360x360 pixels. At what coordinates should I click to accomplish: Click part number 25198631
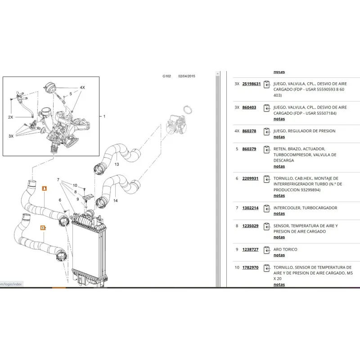(x=251, y=84)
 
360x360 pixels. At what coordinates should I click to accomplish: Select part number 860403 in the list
(x=249, y=108)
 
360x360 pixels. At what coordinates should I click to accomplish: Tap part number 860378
(x=249, y=131)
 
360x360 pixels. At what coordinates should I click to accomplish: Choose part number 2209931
(x=250, y=178)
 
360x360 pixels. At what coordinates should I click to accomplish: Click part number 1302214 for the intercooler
(x=250, y=208)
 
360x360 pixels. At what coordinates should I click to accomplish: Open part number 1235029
(x=250, y=226)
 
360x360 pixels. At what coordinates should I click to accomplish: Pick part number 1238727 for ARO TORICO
(x=250, y=249)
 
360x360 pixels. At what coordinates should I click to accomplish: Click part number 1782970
(x=250, y=267)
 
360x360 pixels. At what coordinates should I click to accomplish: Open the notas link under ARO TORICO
(x=279, y=255)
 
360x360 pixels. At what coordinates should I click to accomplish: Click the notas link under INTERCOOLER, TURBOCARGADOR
(x=279, y=214)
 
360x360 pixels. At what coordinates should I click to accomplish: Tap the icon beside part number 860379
(x=267, y=149)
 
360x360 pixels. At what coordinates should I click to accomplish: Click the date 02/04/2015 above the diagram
(x=187, y=76)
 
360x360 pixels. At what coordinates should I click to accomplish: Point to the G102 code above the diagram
(x=167, y=76)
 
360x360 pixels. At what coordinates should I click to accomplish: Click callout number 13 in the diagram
(x=116, y=164)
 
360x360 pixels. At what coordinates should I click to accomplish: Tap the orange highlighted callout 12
(x=43, y=228)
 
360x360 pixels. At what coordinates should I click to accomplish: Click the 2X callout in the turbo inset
(x=10, y=117)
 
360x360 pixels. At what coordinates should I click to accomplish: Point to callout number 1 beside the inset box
(x=104, y=116)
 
